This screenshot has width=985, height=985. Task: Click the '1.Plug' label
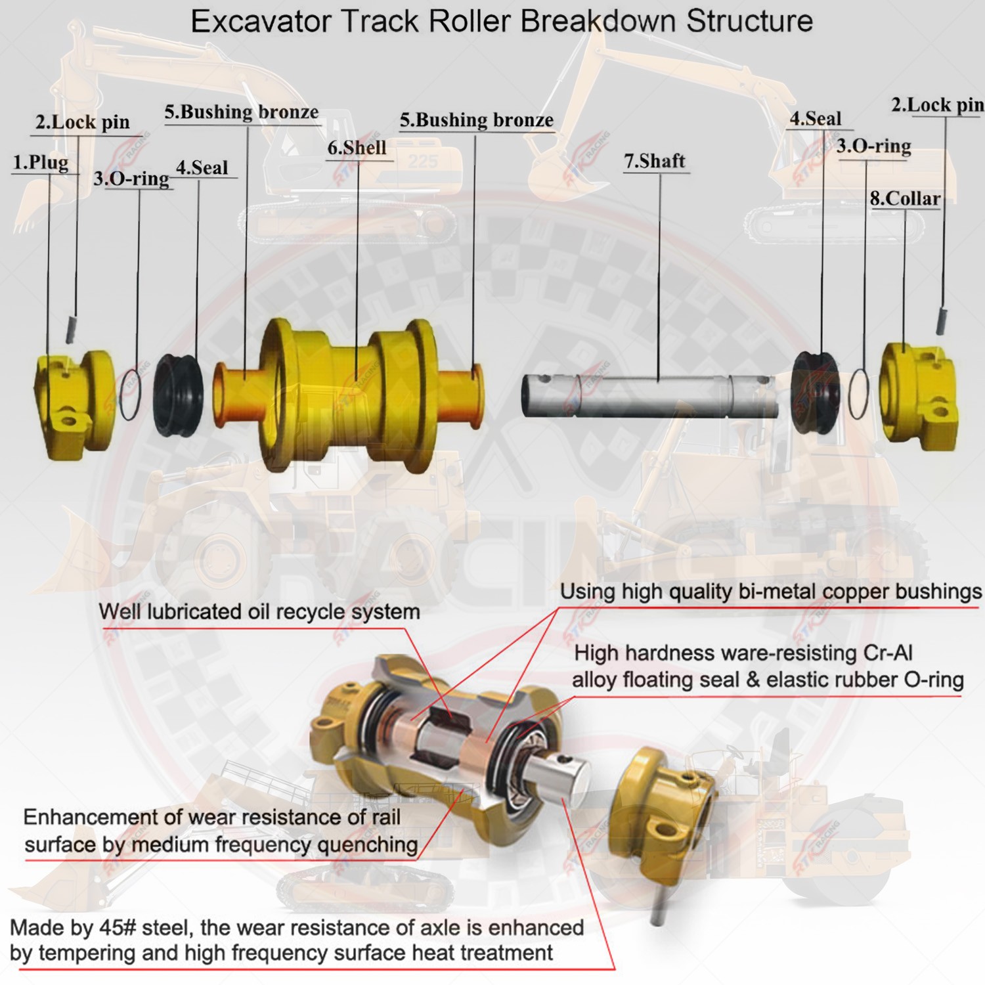[41, 163]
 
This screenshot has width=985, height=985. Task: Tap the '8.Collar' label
[905, 199]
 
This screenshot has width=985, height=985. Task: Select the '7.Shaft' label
[654, 162]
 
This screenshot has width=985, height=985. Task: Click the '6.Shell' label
[357, 148]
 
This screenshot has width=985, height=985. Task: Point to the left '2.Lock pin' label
[83, 123]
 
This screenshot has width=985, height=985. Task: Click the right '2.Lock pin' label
[936, 106]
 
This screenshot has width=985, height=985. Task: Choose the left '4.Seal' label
[202, 168]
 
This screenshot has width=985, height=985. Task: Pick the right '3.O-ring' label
[873, 146]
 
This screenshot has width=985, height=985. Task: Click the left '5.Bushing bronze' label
[241, 112]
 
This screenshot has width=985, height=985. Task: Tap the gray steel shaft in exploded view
[650, 396]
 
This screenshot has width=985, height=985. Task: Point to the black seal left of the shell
[178, 394]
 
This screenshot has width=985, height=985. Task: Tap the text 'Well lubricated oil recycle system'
[259, 612]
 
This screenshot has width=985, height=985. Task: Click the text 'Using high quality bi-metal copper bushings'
[770, 592]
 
